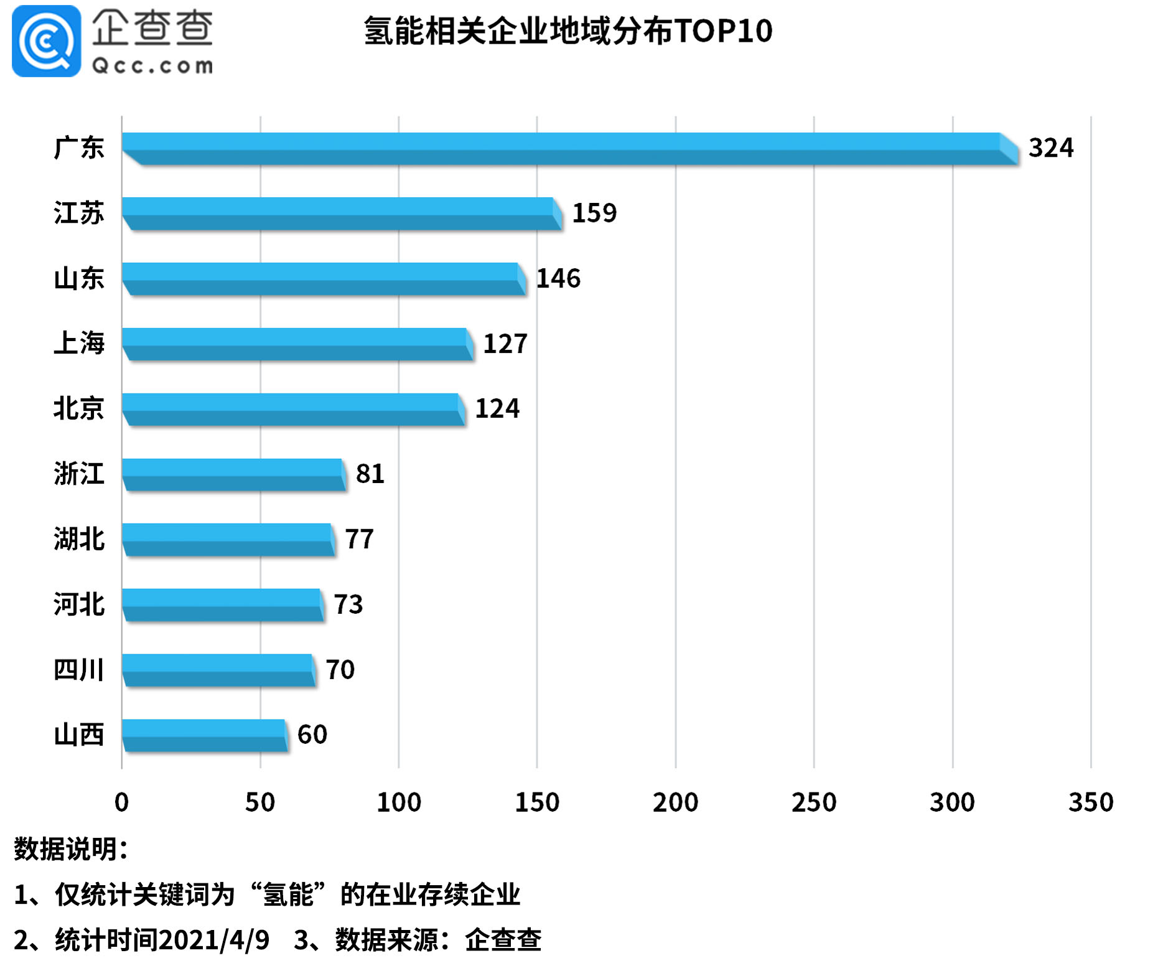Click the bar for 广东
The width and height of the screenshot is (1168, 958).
[569, 149]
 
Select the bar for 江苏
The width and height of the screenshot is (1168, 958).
[341, 214]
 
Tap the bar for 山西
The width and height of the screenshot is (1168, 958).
[204, 735]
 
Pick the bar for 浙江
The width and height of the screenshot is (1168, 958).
[233, 474]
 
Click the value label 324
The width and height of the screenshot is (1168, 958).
[1050, 148]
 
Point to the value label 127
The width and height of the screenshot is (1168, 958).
[505, 344]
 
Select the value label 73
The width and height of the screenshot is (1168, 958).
[348, 604]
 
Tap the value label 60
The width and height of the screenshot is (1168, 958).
[312, 735]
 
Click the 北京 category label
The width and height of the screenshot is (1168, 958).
[78, 408]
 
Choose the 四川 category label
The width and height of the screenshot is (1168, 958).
[78, 670]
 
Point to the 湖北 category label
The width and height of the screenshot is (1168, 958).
[78, 539]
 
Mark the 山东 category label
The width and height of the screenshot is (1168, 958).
[78, 278]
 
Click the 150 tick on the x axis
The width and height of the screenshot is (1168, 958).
[537, 802]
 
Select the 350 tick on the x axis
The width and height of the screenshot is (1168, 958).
[1090, 802]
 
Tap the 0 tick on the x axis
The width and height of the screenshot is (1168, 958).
[122, 802]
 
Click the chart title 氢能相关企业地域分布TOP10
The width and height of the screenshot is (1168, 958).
[568, 31]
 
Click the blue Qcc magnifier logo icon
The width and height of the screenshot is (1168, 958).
[46, 41]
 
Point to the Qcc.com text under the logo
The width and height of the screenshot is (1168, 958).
[152, 66]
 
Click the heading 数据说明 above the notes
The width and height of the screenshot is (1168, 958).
[70, 849]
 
